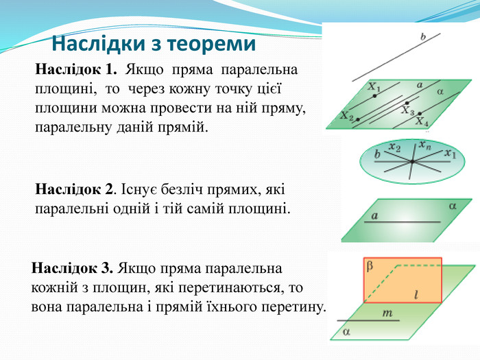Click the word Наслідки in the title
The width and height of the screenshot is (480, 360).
(x=96, y=45)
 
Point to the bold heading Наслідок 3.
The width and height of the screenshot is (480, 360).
(x=73, y=267)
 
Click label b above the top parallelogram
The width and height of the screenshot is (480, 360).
(x=423, y=37)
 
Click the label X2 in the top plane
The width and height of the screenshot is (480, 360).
(x=346, y=117)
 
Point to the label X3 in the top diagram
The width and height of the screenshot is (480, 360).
(x=408, y=110)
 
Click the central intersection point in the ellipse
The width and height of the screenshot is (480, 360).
(x=411, y=162)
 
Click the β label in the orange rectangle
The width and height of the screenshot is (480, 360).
(x=370, y=263)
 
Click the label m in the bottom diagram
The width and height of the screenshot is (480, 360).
(x=387, y=313)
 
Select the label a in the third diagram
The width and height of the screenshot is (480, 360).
(x=374, y=215)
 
